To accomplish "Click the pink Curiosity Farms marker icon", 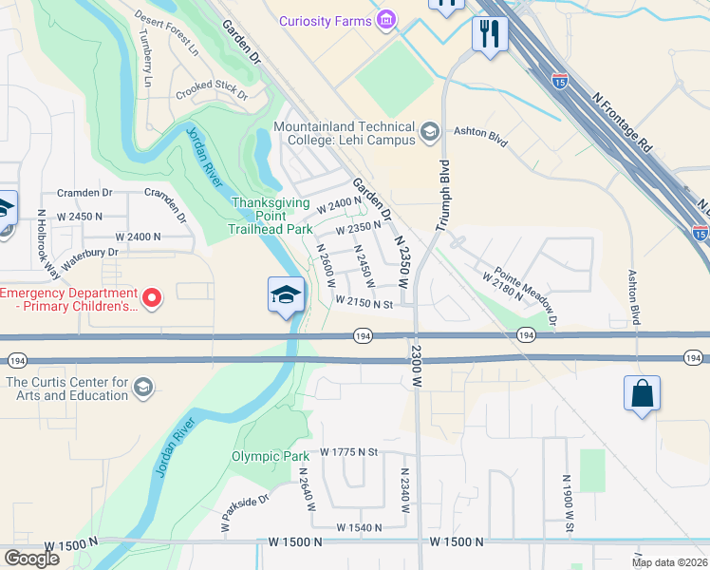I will tap(385, 20).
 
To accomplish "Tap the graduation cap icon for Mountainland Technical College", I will tap(429, 132).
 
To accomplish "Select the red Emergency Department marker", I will tap(151, 298).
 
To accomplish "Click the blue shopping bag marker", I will tap(642, 392).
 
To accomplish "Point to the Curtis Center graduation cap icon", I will tap(142, 387).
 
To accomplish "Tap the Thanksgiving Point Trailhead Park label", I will tap(272, 215).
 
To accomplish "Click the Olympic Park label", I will tap(271, 456).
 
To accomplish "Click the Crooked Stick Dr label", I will tap(211, 95).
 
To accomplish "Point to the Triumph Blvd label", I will tap(442, 194).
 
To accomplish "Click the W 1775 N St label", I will tap(349, 452).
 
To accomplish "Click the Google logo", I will tap(31, 558).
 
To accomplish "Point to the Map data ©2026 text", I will tap(669, 562).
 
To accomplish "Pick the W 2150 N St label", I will tap(364, 304).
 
